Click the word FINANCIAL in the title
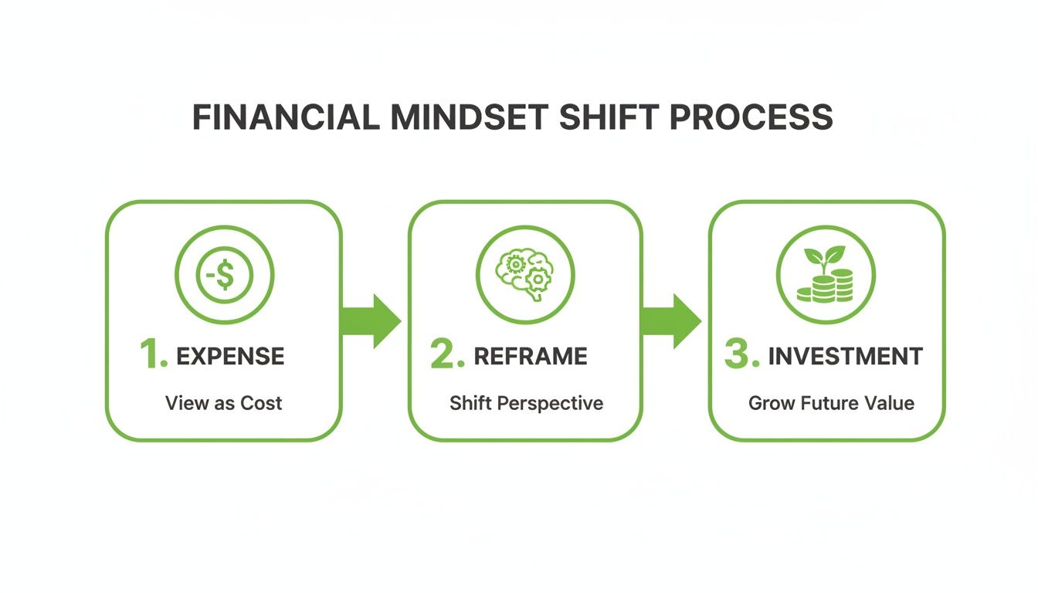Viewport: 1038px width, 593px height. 285,117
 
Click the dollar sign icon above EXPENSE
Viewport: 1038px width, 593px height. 224,275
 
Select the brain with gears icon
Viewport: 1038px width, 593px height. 525,275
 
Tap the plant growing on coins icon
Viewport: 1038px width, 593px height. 826,275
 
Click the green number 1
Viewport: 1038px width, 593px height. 152,355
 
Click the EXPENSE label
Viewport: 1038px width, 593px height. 230,356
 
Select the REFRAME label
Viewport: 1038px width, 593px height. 530,356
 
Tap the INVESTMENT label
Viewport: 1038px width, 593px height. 845,356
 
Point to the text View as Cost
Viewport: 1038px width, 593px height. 224,403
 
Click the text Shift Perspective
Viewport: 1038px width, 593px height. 526,403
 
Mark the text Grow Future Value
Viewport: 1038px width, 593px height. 831,403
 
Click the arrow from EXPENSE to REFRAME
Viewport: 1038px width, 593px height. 372,320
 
